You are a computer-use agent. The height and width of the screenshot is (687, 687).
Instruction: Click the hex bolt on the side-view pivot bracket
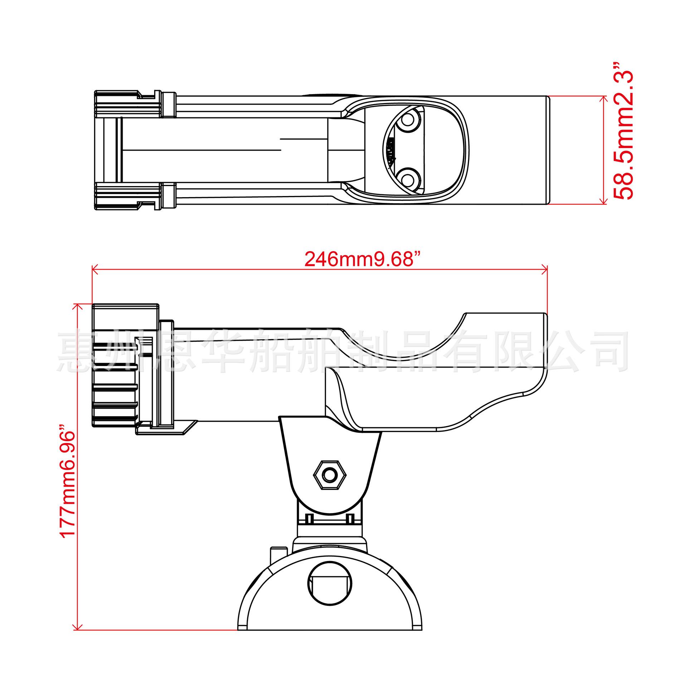(330, 475)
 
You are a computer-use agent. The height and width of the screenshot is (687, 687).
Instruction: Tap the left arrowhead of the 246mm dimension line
(95, 270)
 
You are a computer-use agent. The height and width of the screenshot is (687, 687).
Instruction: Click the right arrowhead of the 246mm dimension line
(544, 270)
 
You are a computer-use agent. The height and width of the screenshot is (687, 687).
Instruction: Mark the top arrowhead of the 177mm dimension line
(78, 307)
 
